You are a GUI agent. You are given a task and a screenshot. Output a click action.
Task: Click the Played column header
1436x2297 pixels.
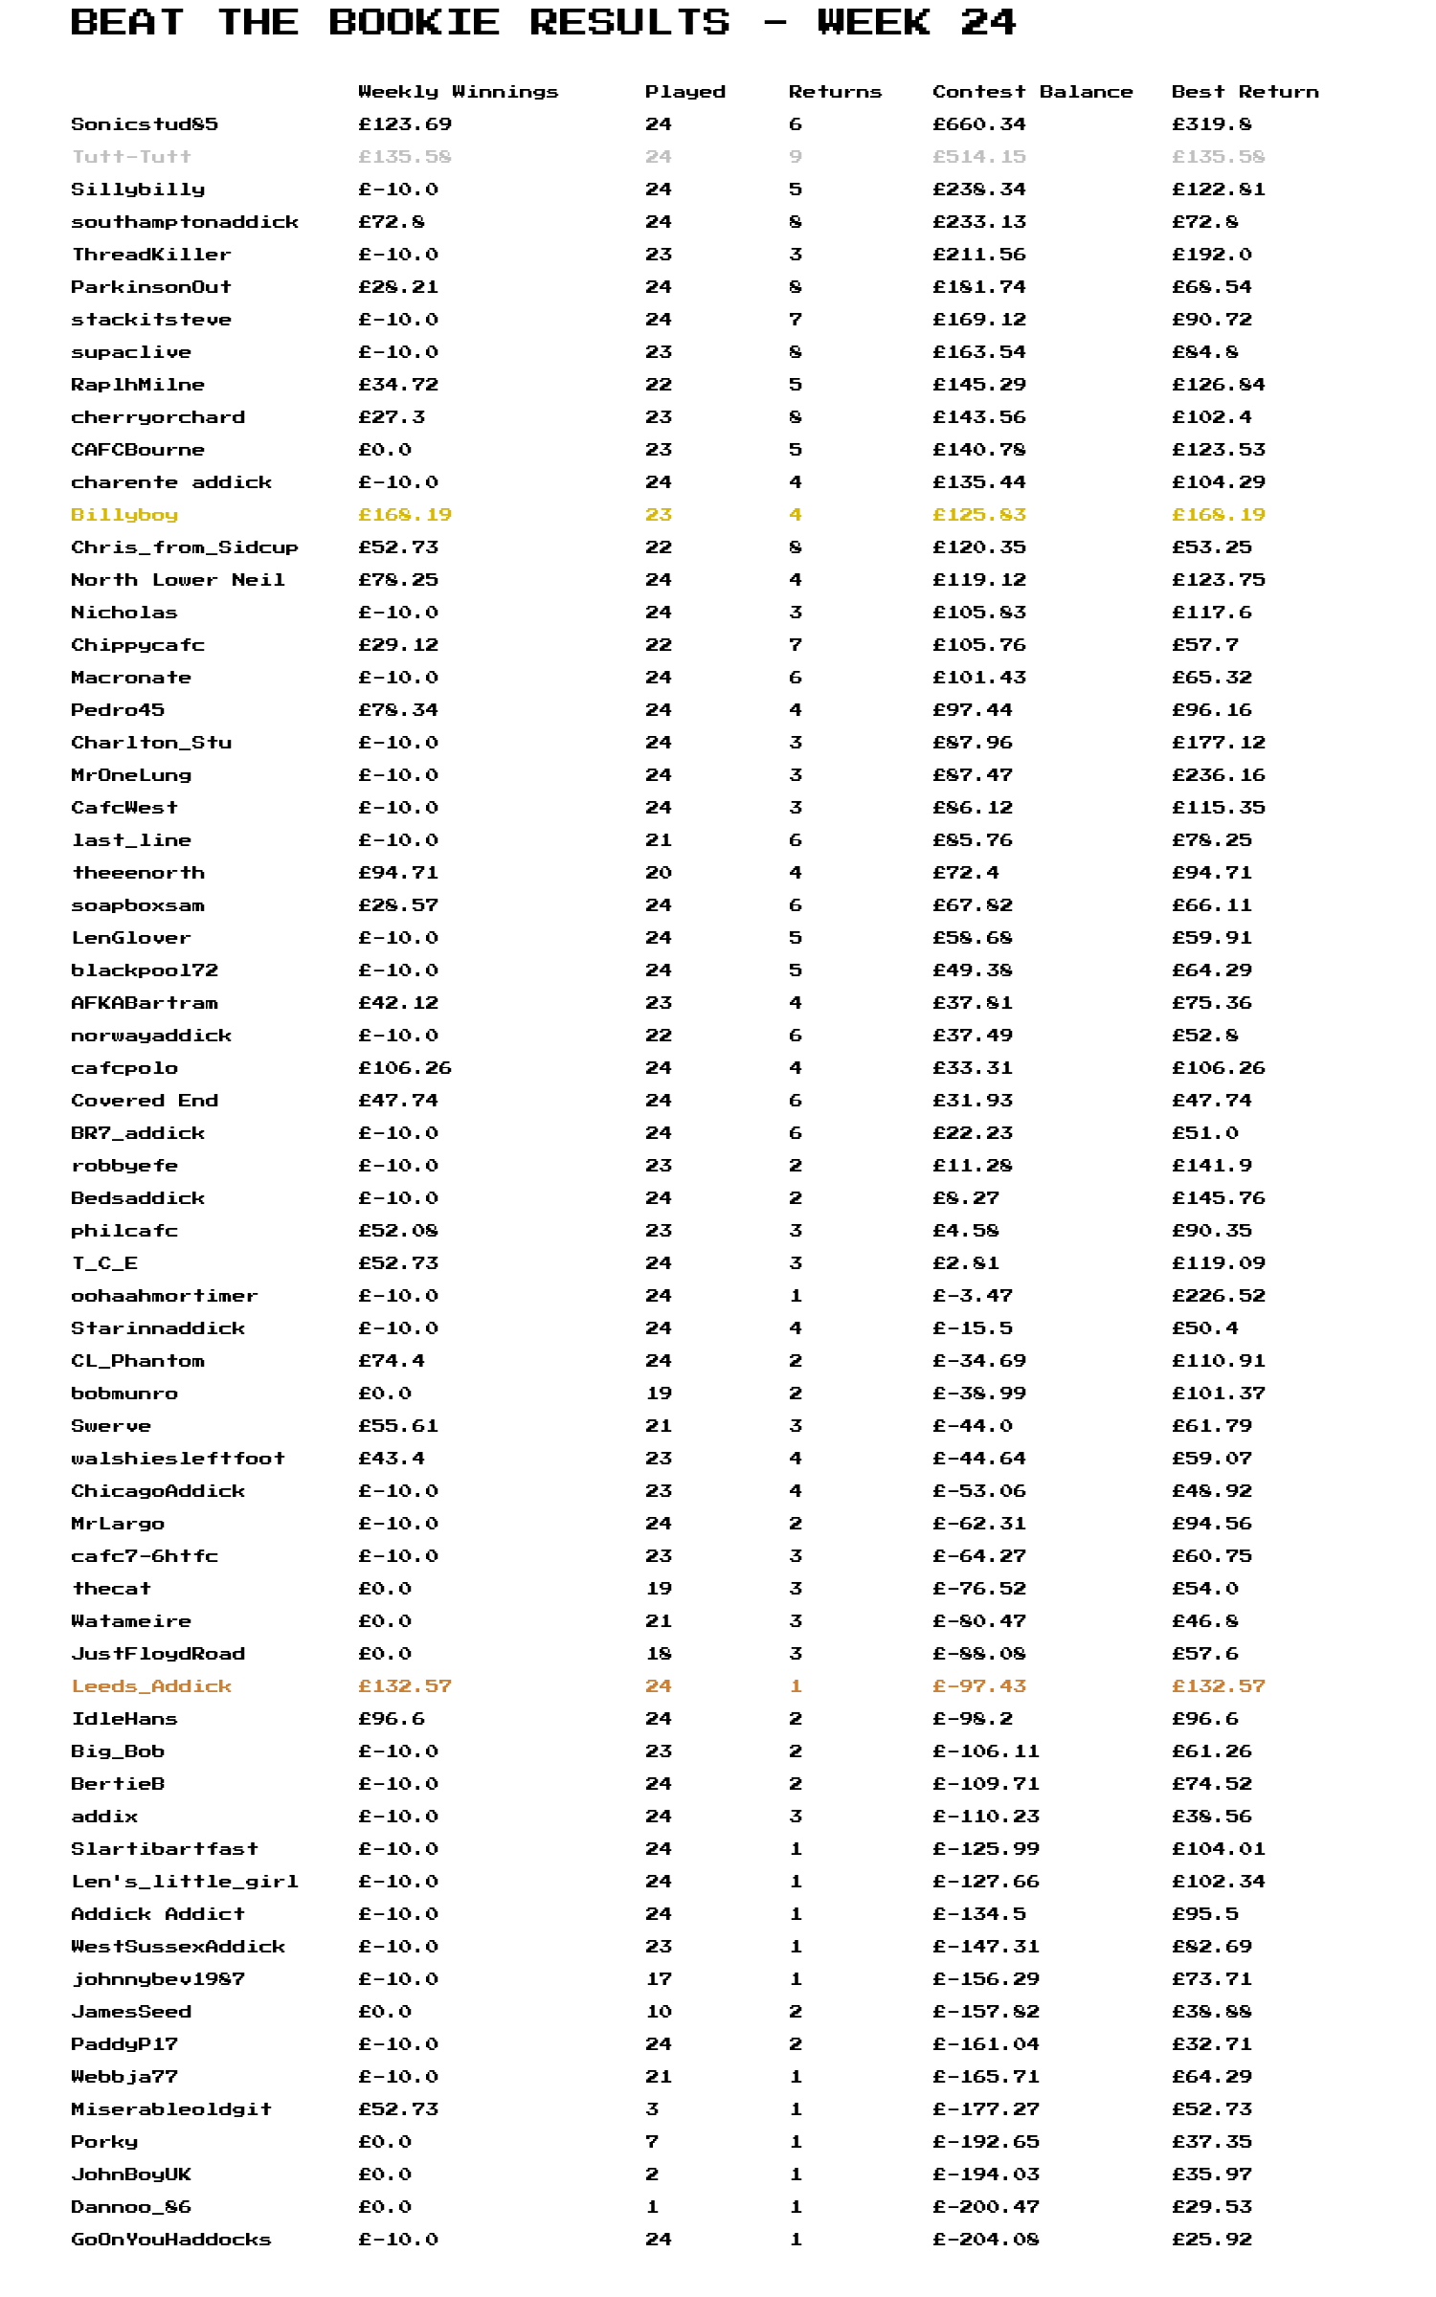[684, 92]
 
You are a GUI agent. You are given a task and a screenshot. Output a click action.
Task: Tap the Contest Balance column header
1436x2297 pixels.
[1032, 92]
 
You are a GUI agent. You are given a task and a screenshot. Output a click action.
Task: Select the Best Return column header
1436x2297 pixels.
[1245, 92]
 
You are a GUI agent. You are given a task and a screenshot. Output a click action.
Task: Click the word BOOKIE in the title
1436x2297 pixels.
[414, 22]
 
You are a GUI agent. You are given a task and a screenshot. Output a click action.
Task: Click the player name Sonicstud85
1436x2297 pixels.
[145, 124]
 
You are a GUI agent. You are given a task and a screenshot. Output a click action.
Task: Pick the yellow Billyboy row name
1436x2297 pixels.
[124, 515]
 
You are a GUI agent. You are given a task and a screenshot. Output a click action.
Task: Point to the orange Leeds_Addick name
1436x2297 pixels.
[151, 1686]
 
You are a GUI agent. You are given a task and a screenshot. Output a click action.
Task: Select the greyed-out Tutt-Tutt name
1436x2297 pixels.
[131, 157]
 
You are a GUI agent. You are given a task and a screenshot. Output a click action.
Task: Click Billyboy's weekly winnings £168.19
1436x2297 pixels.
[404, 515]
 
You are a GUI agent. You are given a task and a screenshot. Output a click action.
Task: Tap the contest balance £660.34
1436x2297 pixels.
[978, 124]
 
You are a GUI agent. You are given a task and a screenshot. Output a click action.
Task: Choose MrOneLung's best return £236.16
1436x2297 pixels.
[1218, 775]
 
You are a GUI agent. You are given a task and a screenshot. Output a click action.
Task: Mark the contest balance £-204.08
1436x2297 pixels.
[985, 2240]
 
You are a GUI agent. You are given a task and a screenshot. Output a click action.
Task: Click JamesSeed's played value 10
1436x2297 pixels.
[659, 2012]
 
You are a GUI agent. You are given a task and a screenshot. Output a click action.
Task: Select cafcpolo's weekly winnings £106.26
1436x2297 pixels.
[404, 1068]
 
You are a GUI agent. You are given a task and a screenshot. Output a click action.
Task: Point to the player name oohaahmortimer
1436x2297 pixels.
[165, 1296]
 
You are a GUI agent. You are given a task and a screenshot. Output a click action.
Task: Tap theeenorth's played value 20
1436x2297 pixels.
[659, 873]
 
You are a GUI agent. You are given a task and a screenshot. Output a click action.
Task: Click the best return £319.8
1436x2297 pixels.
[1211, 124]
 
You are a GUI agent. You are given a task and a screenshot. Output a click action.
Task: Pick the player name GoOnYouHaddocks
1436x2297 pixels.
[171, 2240]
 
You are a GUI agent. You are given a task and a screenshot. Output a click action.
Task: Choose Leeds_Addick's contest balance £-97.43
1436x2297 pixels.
[978, 1686]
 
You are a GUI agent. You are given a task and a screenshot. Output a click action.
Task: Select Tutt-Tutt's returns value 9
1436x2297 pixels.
[796, 157]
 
